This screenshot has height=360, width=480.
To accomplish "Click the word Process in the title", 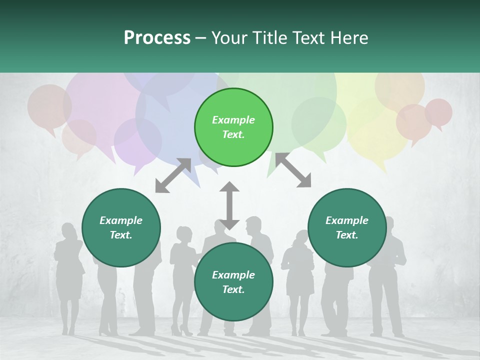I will pos(157,38).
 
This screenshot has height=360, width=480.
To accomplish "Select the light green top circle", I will pos(233,127).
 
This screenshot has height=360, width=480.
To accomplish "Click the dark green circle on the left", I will pos(121,227).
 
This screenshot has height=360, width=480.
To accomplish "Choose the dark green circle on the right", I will pos(347,227).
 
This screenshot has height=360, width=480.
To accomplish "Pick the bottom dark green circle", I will pos(233,282).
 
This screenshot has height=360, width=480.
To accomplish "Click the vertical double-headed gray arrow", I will pos(229,205).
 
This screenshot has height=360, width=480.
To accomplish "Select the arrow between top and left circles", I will pos(173,175).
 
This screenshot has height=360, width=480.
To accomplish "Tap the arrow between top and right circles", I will pos(293,170).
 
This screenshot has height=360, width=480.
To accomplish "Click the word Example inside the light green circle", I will pos(233,120).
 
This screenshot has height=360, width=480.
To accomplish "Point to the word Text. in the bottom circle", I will pos(233,289).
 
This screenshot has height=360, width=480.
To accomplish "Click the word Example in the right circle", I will pos(347,220).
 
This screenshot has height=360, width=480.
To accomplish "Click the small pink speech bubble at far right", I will pos(438,112).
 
